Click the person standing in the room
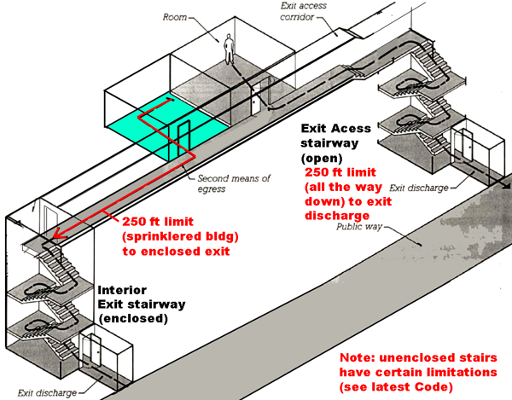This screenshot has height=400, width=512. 229,49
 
